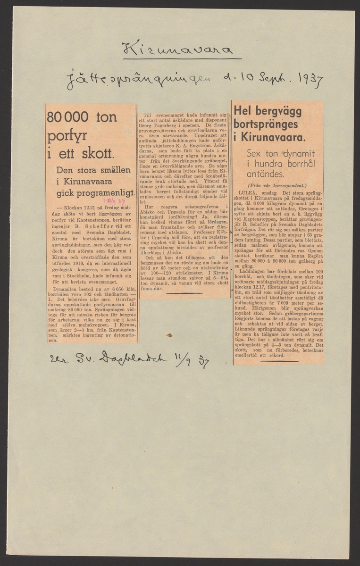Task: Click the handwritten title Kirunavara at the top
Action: (x=178, y=50)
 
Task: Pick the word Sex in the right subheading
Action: (x=256, y=153)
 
